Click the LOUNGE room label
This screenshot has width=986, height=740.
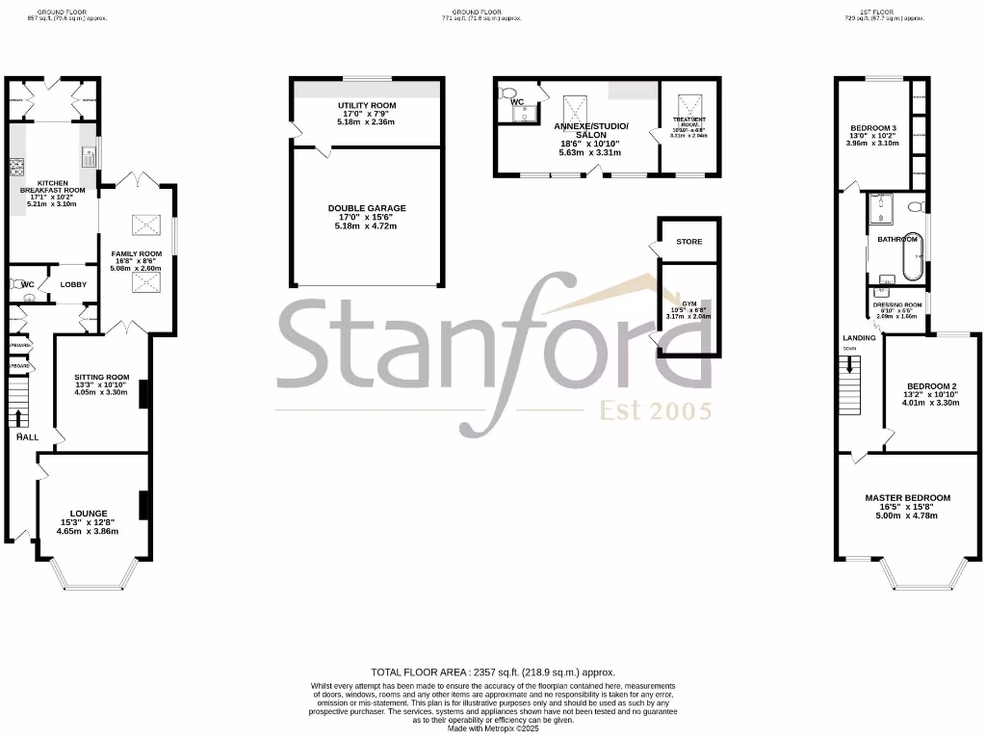88,514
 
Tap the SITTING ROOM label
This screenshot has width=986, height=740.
101,377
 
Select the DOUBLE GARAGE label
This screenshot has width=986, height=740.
367,208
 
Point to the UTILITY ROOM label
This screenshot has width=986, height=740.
366,105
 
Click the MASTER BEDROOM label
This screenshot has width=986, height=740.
907,498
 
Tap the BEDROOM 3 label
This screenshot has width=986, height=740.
872,128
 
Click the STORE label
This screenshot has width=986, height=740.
688,242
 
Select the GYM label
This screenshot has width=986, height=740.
688,303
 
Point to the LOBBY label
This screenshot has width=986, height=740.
74,284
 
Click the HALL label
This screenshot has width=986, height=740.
26,436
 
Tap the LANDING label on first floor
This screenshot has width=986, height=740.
859,338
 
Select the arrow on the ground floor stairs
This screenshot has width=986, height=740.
19,416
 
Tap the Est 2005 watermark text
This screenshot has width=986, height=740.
656,411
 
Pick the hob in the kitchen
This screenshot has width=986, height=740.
16,170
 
